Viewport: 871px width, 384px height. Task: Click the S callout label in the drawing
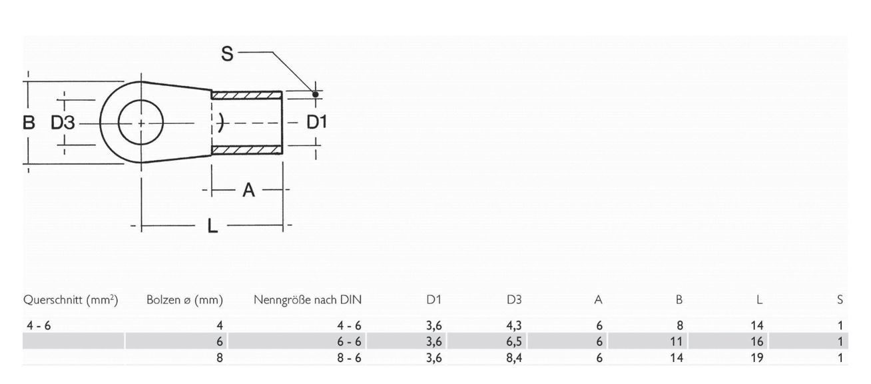point(227,54)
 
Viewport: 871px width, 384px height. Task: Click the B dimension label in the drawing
point(29,123)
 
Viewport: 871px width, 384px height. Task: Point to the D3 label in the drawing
point(63,123)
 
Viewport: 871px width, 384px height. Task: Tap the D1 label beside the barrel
point(316,123)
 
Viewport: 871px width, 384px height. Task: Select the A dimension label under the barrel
point(248,191)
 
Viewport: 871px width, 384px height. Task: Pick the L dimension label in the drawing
point(212,227)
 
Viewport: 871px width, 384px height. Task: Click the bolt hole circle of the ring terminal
point(141,123)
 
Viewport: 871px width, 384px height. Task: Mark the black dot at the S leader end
point(315,95)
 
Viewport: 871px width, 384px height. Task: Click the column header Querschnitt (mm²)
point(71,300)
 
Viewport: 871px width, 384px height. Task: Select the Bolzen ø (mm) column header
point(184,300)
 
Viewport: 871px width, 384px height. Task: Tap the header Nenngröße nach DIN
point(307,300)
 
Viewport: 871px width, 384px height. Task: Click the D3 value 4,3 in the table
point(514,326)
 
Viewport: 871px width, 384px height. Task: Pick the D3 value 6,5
point(514,341)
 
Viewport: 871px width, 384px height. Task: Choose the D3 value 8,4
point(514,357)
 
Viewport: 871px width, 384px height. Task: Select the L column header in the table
point(759,300)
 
